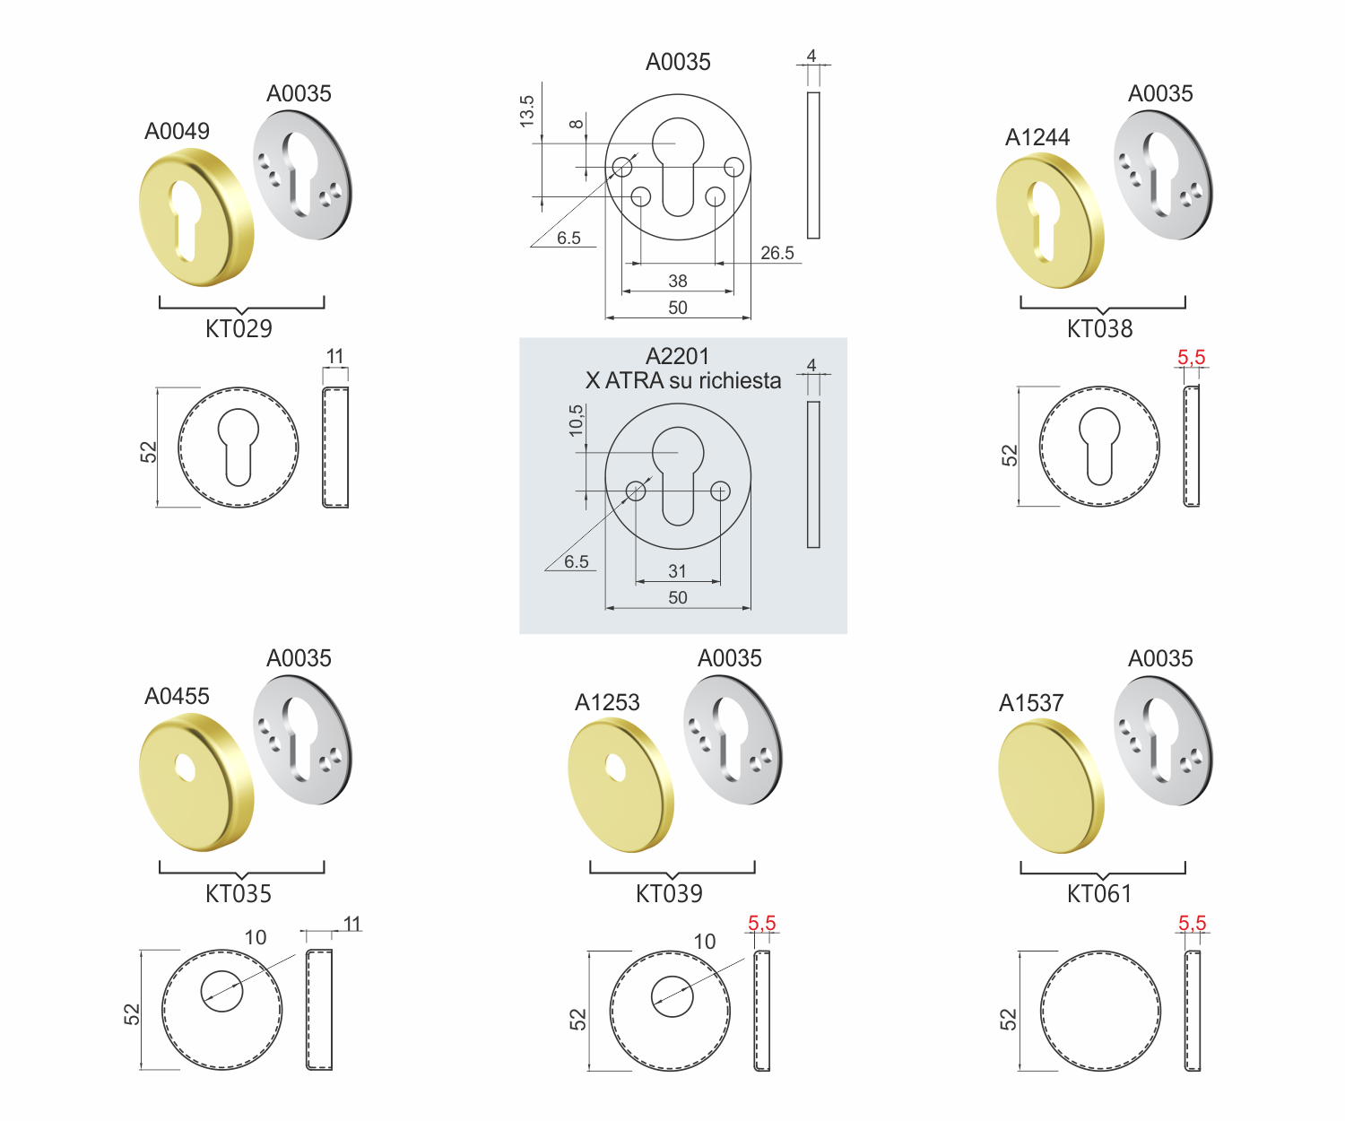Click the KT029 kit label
[239, 328]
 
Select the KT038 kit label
[1099, 328]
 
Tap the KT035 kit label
[239, 893]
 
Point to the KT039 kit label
[669, 893]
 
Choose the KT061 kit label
[1099, 893]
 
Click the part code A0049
[177, 131]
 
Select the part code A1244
[1037, 136]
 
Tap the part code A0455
[177, 696]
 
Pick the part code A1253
[607, 701]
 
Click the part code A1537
[1030, 702]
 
